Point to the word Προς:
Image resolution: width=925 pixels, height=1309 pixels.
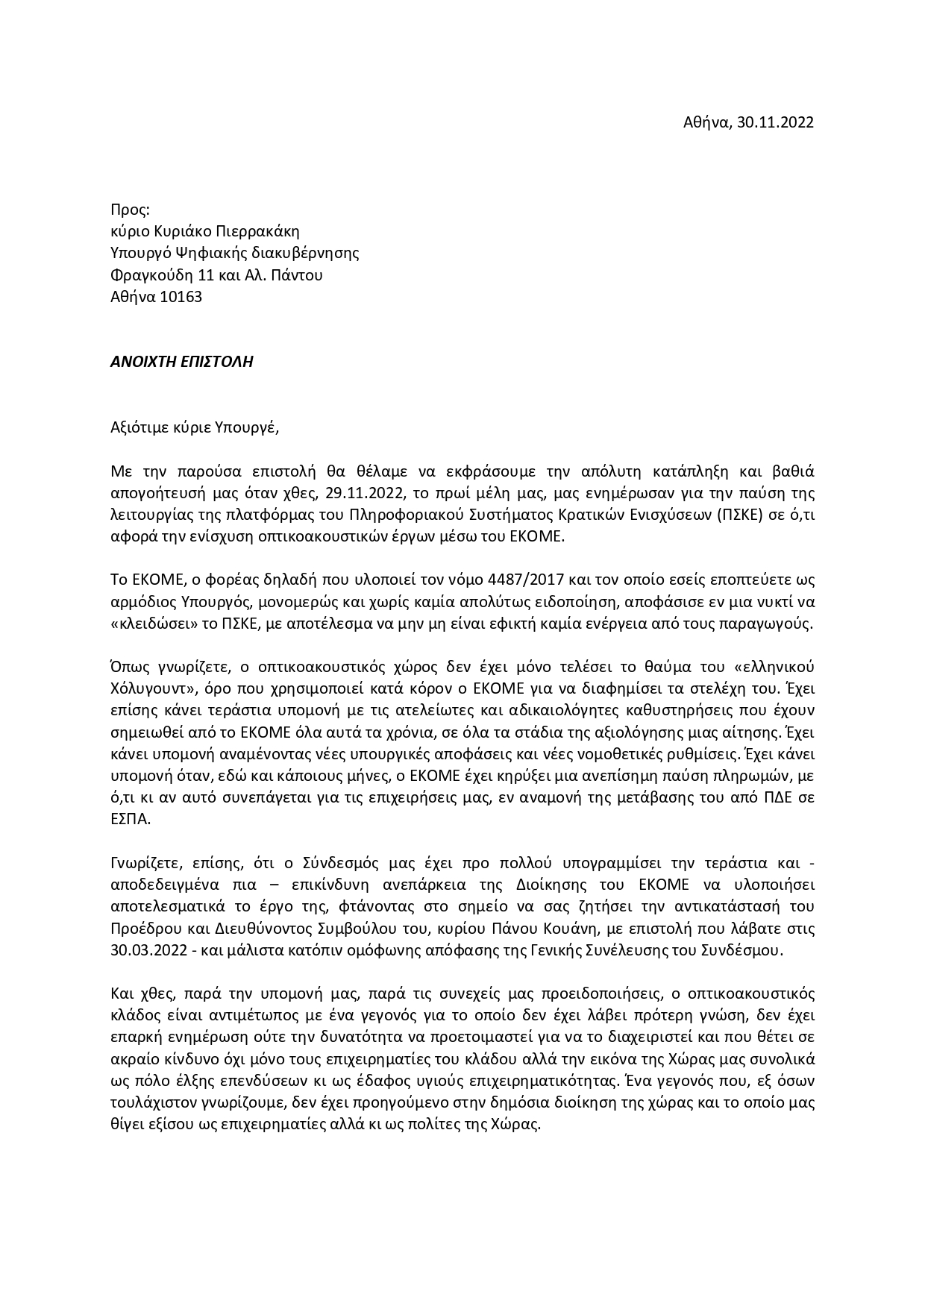pos(130,210)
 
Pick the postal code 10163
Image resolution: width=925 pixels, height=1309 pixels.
pos(181,297)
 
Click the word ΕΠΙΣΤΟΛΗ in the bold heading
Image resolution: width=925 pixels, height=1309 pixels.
pos(216,362)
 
